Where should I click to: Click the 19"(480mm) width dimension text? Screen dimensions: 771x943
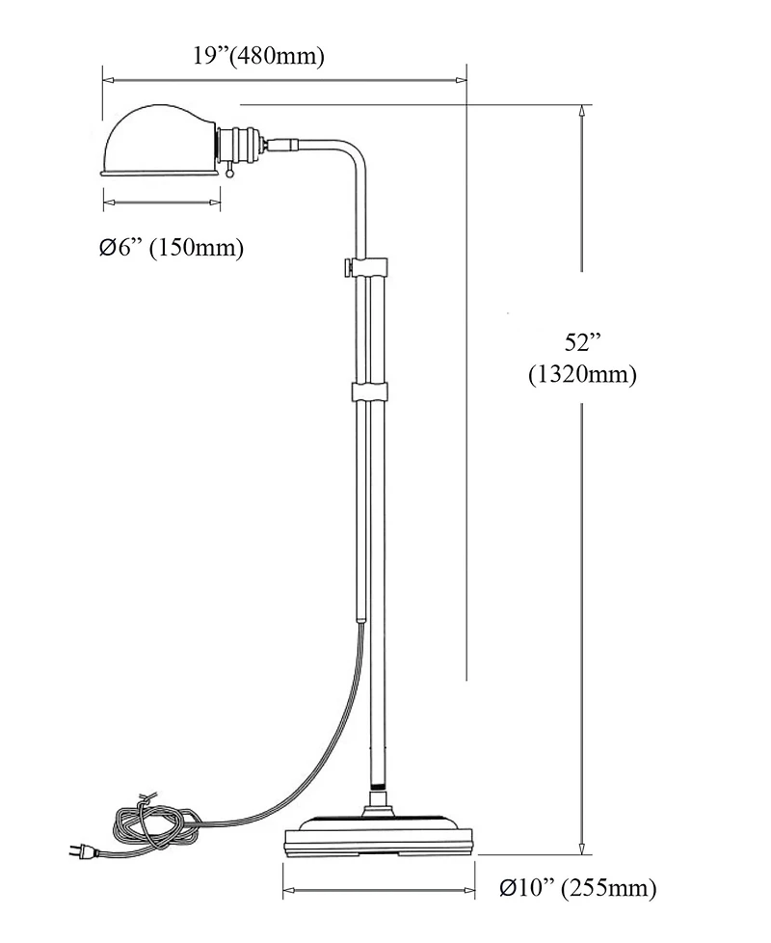coord(258,56)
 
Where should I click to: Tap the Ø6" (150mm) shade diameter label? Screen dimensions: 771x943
coord(171,248)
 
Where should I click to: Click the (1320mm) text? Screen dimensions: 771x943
coord(582,375)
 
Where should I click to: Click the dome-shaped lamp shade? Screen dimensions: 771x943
coord(159,140)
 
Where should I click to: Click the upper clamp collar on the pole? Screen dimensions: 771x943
coord(369,265)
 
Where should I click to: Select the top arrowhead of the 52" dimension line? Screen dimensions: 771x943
coord(581,109)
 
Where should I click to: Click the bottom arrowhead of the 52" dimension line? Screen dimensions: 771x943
coord(581,849)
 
